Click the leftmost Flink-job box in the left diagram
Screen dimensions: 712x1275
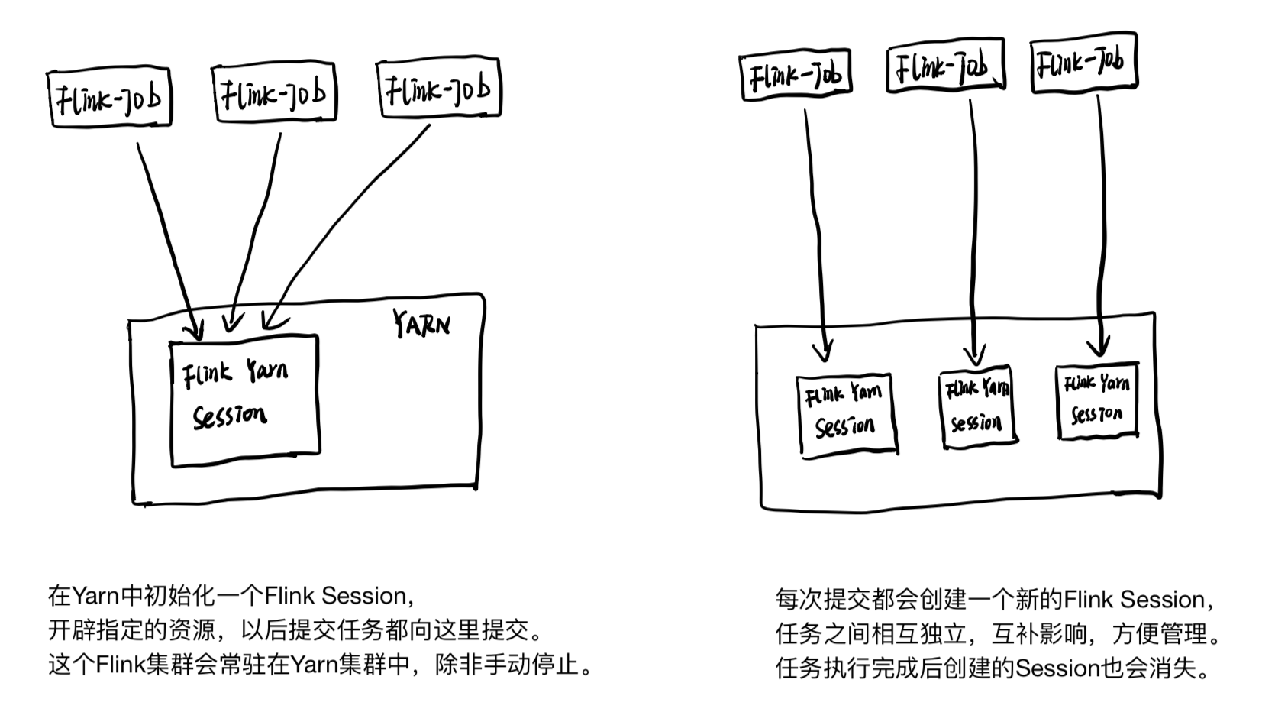(x=110, y=98)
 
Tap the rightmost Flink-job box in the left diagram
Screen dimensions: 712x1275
(x=439, y=89)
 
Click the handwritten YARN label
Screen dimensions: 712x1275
(x=421, y=324)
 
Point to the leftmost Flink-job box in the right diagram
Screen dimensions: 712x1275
(x=796, y=76)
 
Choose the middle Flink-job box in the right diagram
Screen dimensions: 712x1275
(x=945, y=67)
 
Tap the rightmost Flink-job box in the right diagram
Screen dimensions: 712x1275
(x=1083, y=63)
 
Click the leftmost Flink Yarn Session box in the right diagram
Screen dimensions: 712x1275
(x=846, y=415)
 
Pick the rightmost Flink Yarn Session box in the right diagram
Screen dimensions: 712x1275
(x=1097, y=401)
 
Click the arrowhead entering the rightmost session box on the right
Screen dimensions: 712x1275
(x=1098, y=348)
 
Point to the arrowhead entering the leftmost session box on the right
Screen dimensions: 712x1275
(x=822, y=352)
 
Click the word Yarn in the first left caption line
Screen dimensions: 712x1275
(x=95, y=596)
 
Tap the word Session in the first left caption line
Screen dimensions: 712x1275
(x=363, y=596)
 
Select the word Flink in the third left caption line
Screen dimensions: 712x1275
(x=121, y=665)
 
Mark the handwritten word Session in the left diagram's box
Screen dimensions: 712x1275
(x=230, y=416)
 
